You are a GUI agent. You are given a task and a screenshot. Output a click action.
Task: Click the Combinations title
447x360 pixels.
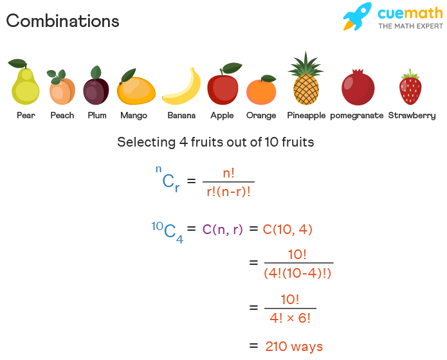pos(63,21)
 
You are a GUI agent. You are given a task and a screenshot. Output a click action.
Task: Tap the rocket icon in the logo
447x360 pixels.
pos(358,16)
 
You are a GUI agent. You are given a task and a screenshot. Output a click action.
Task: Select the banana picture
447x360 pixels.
pos(181,86)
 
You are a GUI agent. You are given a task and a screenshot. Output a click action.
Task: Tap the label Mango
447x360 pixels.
pos(134,116)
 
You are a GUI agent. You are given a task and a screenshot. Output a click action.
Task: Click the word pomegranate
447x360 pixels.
pos(356,116)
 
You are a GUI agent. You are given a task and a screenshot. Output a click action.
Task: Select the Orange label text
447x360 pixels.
pos(261,116)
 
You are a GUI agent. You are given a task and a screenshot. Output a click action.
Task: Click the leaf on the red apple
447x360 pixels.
pos(232,68)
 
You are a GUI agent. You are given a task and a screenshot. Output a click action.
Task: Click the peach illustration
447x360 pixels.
pos(61,87)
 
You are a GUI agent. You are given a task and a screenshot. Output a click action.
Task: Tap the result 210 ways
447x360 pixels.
pos(294,346)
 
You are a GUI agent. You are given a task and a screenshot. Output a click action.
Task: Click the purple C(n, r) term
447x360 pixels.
pos(223,229)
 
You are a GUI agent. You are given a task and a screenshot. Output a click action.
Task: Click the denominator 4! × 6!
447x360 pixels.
pos(290,318)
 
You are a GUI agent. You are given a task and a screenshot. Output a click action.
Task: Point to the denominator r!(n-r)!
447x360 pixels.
pos(228,192)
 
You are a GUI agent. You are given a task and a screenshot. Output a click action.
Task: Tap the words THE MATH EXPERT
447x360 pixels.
pos(410,26)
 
